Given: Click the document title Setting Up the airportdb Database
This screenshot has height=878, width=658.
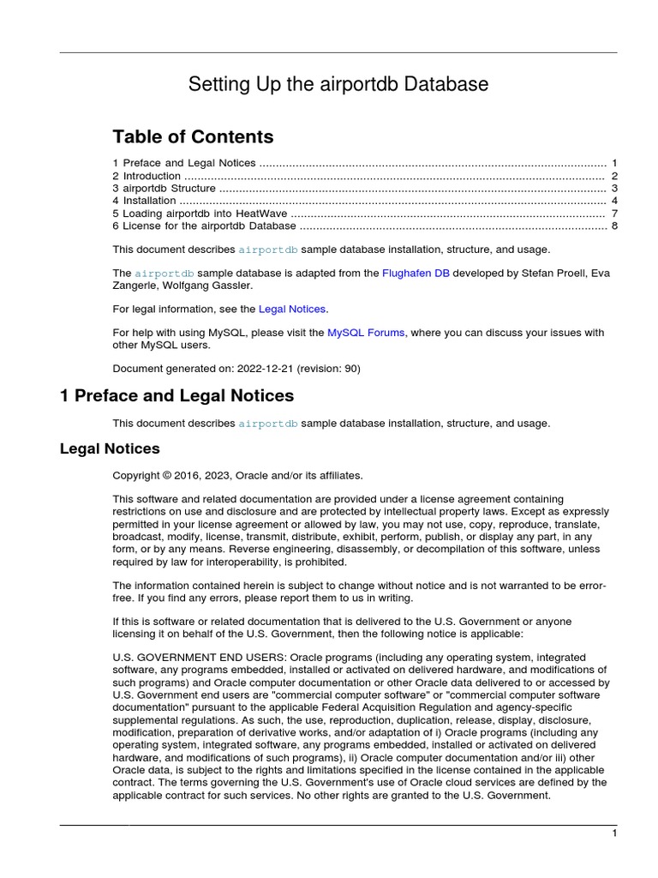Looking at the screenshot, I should pos(338,84).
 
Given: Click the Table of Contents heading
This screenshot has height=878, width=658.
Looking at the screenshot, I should pos(193,137).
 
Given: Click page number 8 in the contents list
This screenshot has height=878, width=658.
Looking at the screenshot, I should pos(614,226).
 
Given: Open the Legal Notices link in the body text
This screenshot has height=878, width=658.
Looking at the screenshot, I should pos(291,309).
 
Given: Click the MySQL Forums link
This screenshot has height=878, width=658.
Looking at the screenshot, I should pos(366,333).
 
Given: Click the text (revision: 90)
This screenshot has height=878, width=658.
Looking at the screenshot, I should pos(329,369).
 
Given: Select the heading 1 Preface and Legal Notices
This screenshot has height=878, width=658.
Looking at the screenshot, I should pos(176,396).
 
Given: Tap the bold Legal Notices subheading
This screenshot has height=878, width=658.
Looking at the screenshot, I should pos(110,448).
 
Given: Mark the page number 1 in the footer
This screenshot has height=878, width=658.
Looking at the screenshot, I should pos(614,833).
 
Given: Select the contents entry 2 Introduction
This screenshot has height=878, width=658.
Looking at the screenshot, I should pos(147,176).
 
